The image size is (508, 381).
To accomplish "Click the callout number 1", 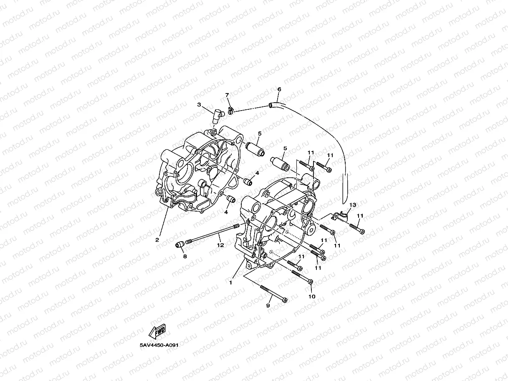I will pos(230,283).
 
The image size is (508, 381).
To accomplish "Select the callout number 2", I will pos(157,240).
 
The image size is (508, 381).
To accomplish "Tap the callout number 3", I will pos(200,104).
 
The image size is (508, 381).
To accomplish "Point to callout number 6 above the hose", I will pos(279,89).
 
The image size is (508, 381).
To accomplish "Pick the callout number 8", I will pos(185,257).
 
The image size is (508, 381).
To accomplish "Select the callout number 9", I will pos(268,306).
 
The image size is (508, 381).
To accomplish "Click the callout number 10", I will pos(312,297).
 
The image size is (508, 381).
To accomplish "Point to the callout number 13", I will pos(353,205).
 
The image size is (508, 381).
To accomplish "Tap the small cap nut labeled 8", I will pos(180,244).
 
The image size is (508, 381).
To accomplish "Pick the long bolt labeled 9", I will pos(273,294).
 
